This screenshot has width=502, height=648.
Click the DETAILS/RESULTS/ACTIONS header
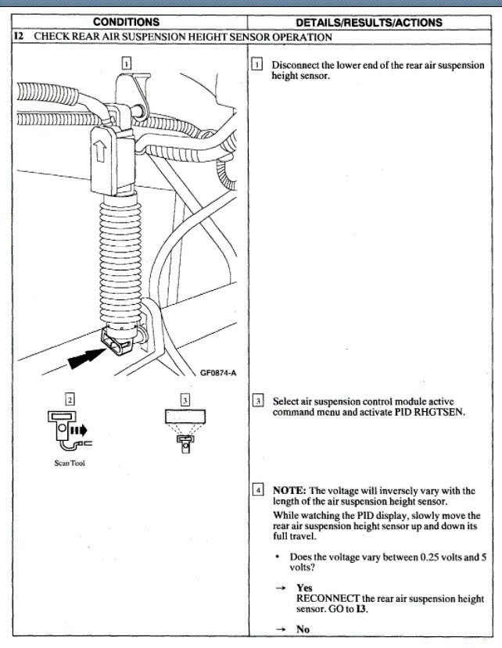[371, 22]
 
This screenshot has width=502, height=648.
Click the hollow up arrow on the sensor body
[100, 152]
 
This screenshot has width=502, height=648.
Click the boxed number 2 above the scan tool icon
[70, 399]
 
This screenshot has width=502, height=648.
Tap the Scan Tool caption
[70, 463]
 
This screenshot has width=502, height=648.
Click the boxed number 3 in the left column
[185, 399]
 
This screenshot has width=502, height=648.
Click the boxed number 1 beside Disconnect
[257, 65]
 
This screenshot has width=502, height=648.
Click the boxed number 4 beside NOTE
[257, 491]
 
